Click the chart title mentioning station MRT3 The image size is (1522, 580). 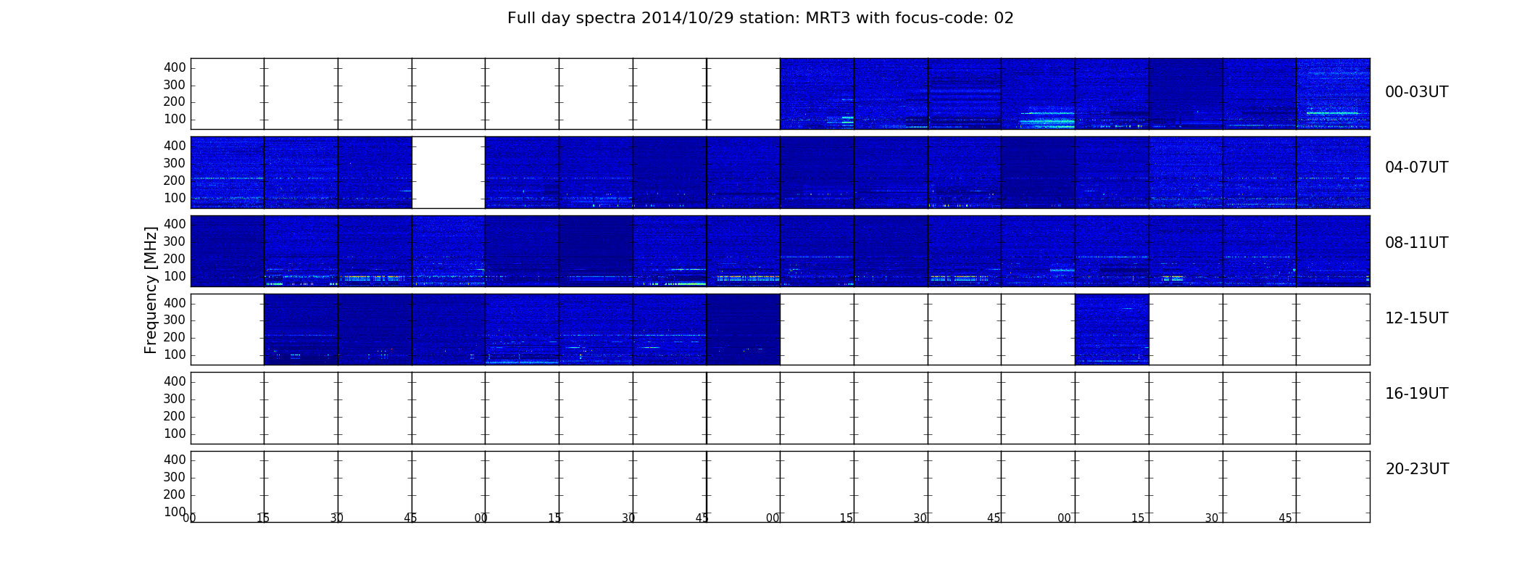pyautogui.click(x=760, y=18)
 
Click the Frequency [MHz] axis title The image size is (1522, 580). pyautogui.click(x=151, y=290)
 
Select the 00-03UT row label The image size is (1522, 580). pyautogui.click(x=1416, y=92)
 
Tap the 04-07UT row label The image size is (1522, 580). pyautogui.click(x=1416, y=167)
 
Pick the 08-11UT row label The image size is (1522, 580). pyautogui.click(x=1416, y=243)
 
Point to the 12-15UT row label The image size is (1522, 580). pyautogui.click(x=1416, y=318)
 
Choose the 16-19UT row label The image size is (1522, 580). pyautogui.click(x=1416, y=394)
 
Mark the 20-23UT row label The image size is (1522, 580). pyautogui.click(x=1417, y=469)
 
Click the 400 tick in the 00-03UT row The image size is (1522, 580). pyautogui.click(x=175, y=67)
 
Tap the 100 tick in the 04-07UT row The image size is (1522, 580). pyautogui.click(x=175, y=198)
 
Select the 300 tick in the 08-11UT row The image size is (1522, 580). pyautogui.click(x=175, y=241)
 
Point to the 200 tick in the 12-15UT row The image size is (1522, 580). pyautogui.click(x=175, y=337)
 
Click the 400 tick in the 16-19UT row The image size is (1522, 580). pyautogui.click(x=175, y=381)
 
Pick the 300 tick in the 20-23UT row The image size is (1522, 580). pyautogui.click(x=175, y=477)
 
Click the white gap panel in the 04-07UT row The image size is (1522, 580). pyautogui.click(x=449, y=173)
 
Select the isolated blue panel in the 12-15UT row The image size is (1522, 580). pyautogui.click(x=1112, y=329)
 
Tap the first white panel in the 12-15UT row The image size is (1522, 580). pyautogui.click(x=228, y=329)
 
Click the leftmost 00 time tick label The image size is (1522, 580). pyautogui.click(x=189, y=518)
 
